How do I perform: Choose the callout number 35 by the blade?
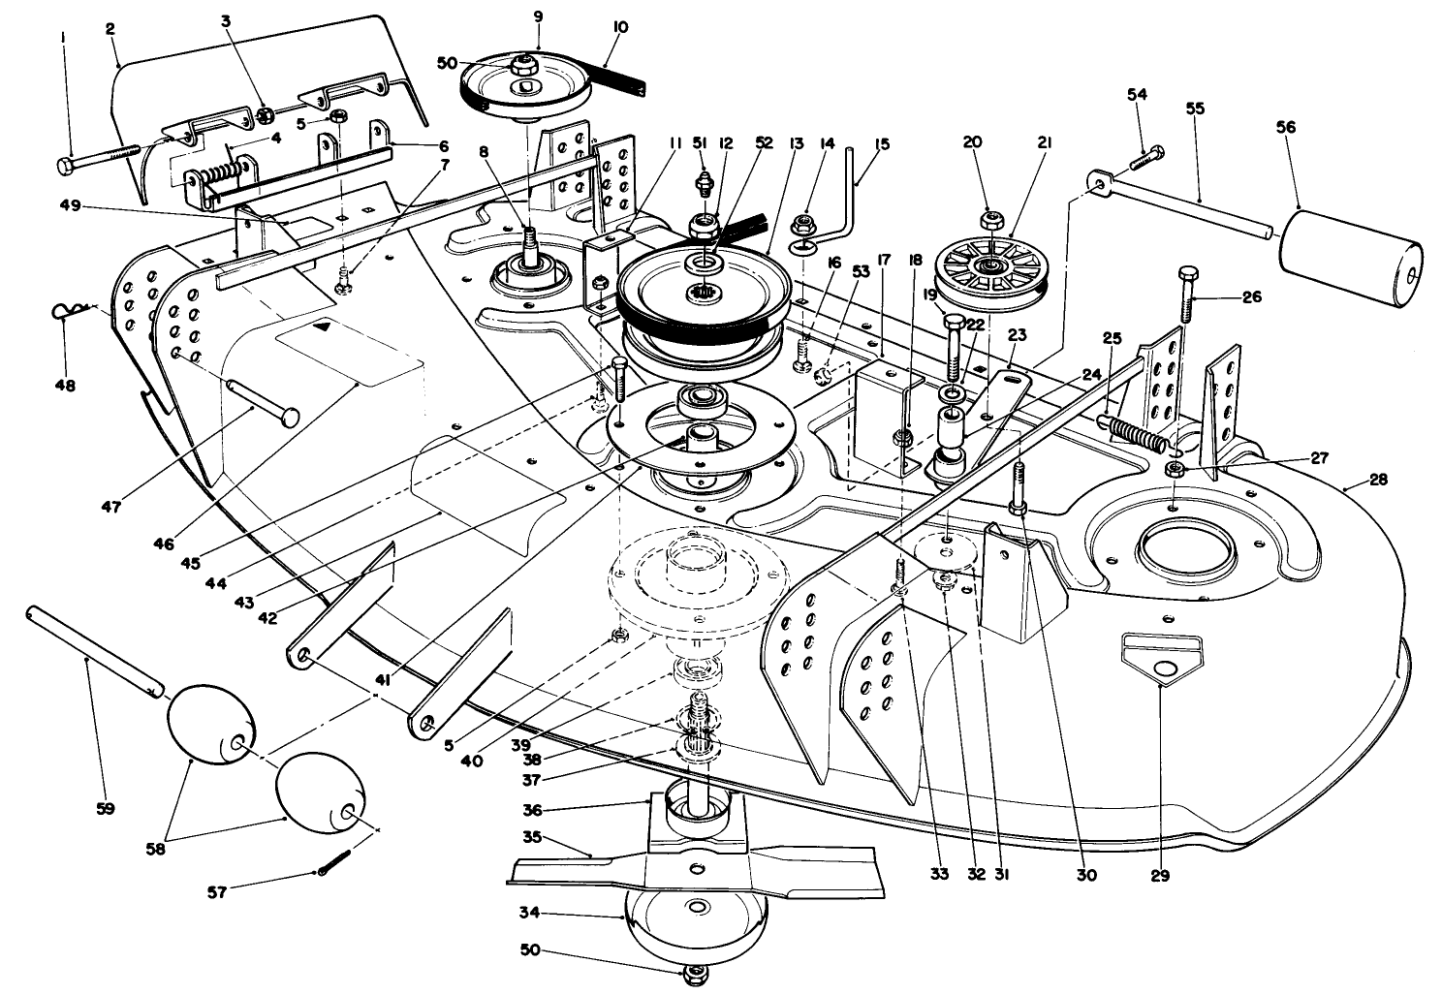tap(532, 836)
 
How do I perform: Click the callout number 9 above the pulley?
tap(538, 16)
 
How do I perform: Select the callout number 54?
tap(1137, 94)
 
